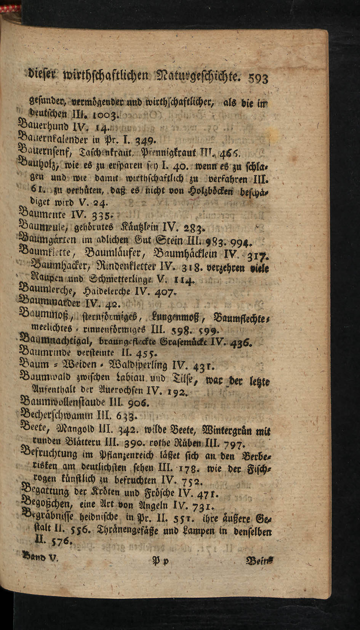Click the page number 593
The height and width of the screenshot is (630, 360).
tap(258, 78)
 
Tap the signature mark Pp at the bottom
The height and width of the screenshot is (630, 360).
tap(157, 561)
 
